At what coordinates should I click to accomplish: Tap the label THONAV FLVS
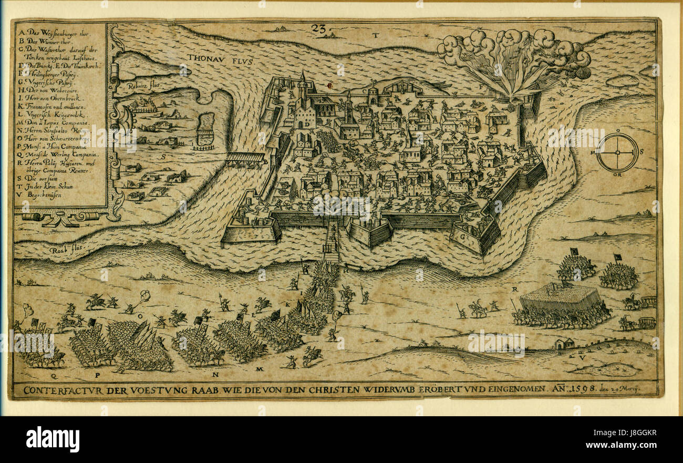click(220, 60)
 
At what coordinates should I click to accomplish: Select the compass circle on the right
click(617, 152)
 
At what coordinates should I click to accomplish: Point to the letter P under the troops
click(97, 376)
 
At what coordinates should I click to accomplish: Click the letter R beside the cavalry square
click(515, 290)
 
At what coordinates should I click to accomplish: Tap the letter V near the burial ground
click(581, 357)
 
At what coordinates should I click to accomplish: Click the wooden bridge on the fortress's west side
click(246, 158)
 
